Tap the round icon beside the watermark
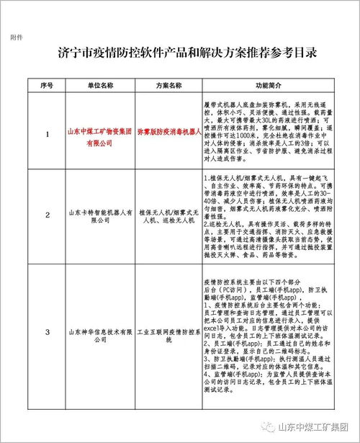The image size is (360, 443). (268, 426)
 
